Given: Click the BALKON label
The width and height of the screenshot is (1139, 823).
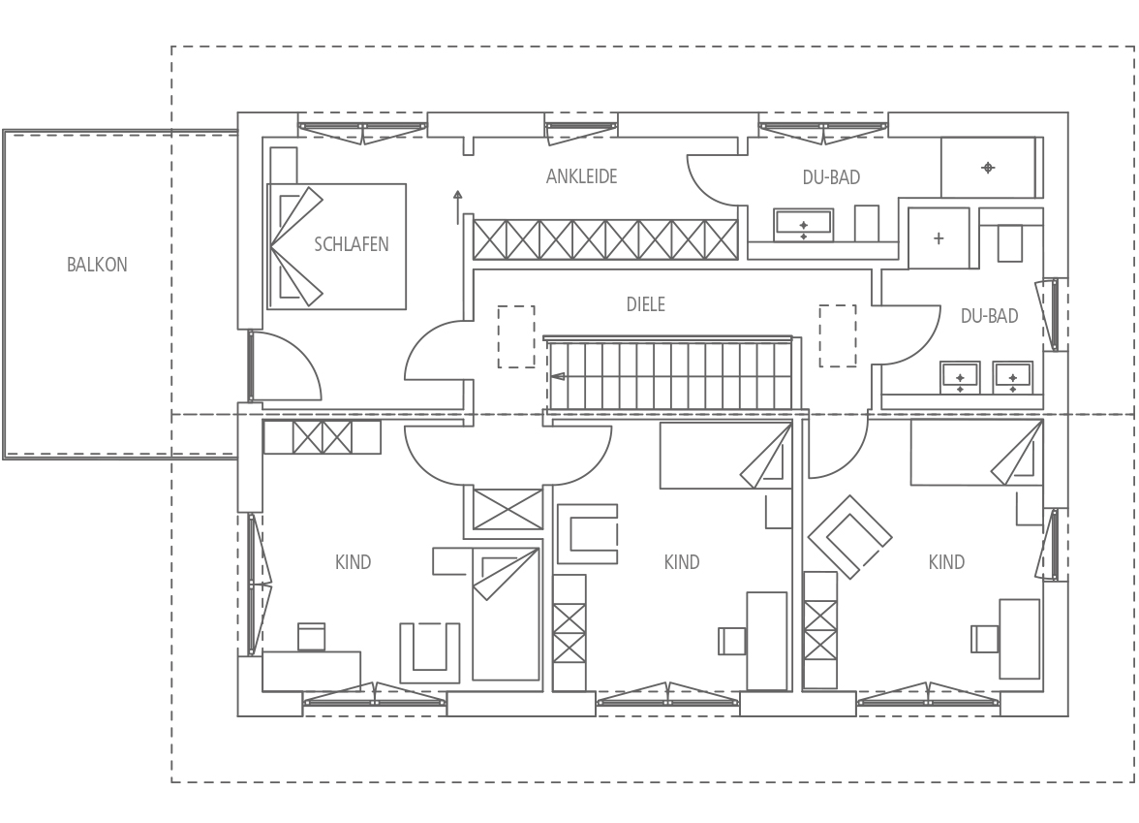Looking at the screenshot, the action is click(x=97, y=265).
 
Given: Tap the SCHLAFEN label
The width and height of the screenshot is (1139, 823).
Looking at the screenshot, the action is click(x=351, y=244).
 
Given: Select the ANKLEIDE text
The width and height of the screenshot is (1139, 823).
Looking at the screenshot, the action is click(x=581, y=176).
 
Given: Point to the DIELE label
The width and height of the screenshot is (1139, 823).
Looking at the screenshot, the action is click(x=646, y=304).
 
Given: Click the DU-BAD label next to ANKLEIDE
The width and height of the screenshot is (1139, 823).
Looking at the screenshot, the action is click(x=831, y=177).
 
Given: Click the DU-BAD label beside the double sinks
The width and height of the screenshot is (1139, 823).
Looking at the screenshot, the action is click(x=989, y=316).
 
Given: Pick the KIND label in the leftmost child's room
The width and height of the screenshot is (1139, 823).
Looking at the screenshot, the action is click(x=353, y=562).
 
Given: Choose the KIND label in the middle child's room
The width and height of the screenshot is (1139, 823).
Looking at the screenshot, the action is click(x=682, y=562).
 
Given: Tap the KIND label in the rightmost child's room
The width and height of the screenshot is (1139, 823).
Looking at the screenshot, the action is click(x=946, y=562).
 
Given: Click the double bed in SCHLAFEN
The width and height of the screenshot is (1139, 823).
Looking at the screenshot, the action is click(x=336, y=246).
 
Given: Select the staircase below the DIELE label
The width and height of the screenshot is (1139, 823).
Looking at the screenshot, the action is click(x=668, y=376).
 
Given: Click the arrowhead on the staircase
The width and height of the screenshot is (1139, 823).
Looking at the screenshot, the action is click(x=557, y=376).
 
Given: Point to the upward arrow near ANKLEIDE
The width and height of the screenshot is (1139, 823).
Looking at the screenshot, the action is click(x=457, y=207).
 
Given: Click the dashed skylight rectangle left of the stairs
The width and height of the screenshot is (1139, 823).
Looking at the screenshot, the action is click(x=516, y=336).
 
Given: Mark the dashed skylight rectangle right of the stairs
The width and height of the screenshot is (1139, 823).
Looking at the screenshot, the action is click(x=839, y=335).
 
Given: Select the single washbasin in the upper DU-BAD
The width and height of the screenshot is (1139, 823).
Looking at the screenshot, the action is click(x=804, y=225).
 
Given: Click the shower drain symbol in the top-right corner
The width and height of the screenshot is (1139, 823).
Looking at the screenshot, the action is click(x=988, y=168).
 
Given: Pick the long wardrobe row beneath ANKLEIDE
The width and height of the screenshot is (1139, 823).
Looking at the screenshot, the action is click(x=605, y=239).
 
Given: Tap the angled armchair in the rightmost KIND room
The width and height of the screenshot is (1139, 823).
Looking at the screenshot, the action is click(x=850, y=537).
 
